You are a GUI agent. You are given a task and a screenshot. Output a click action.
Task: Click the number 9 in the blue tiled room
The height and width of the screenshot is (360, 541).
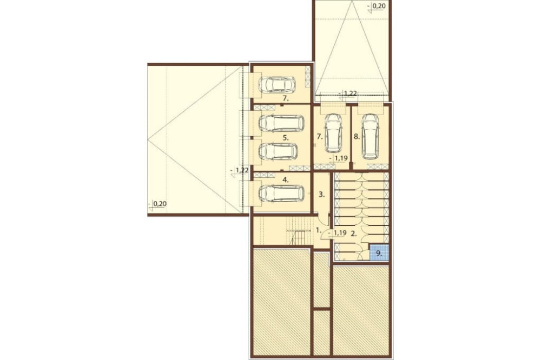[x=379, y=254]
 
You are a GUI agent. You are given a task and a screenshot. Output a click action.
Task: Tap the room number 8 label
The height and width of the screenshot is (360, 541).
[x=357, y=137]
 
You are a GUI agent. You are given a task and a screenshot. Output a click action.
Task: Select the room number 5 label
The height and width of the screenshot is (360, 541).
[x=285, y=138]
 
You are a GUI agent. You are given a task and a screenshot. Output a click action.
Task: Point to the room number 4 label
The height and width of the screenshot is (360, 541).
[x=285, y=179]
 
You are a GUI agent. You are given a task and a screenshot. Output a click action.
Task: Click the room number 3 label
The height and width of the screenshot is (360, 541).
[x=321, y=195]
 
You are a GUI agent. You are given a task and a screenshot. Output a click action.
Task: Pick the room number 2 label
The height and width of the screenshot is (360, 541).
[x=353, y=234]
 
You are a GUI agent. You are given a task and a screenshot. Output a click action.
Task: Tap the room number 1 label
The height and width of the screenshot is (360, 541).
[x=319, y=229]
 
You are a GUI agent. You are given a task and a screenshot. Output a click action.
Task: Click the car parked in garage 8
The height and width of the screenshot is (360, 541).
[x=370, y=136]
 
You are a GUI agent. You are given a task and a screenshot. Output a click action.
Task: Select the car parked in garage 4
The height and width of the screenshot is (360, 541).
[x=281, y=194]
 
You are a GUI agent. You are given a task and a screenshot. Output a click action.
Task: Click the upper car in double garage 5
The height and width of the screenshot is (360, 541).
[x=281, y=123]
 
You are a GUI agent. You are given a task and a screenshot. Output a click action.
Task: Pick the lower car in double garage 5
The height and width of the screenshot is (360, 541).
[x=278, y=151]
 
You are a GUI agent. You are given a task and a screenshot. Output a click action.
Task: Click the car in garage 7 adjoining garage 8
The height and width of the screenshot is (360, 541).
[x=334, y=133]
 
